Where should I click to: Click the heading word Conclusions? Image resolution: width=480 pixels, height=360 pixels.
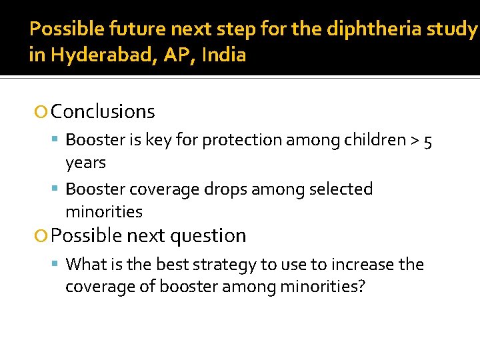103,111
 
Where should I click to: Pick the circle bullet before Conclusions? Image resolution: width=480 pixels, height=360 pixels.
42,112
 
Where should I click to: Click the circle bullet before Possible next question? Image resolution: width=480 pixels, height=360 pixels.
42,236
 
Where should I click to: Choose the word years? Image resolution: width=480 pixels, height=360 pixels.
85,163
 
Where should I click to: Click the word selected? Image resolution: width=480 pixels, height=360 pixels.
341,189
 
